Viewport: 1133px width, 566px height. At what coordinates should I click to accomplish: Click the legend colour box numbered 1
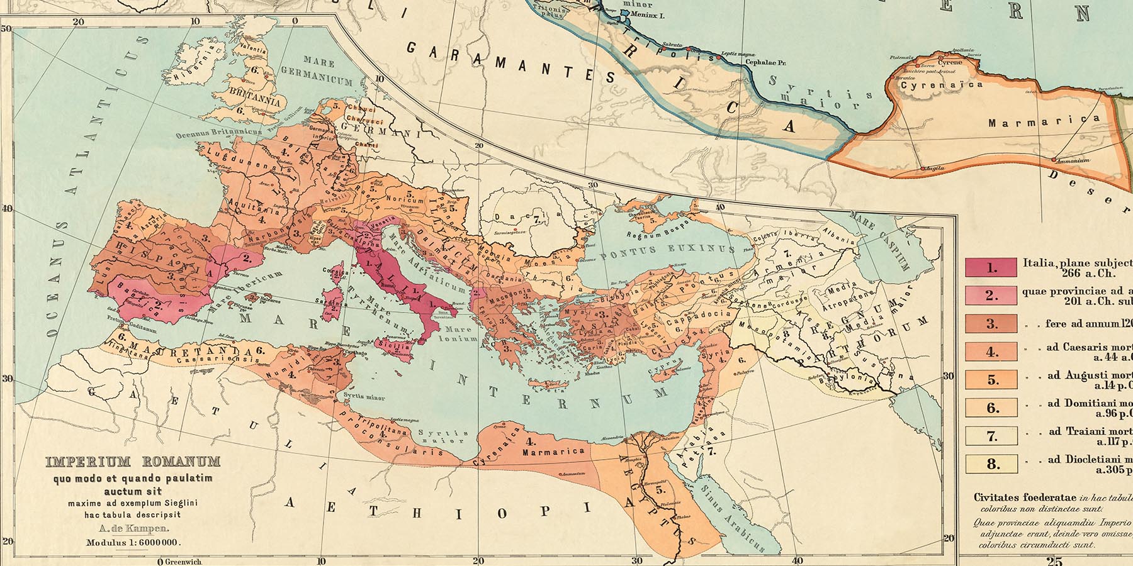[x=991, y=267]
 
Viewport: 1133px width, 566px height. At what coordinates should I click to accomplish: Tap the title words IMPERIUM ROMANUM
[x=133, y=462]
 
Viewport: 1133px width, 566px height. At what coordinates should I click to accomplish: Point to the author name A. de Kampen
[x=133, y=529]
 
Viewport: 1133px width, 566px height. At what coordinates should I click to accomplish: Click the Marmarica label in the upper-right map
[x=1044, y=121]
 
